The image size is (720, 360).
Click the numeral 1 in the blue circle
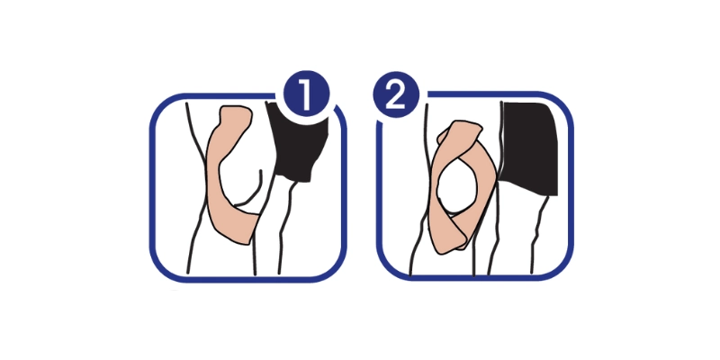(305, 95)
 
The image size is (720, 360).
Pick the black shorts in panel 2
(530, 148)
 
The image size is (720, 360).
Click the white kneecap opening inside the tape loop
(457, 187)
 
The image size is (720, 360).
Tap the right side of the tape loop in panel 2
(487, 184)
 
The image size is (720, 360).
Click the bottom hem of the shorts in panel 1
(294, 178)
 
